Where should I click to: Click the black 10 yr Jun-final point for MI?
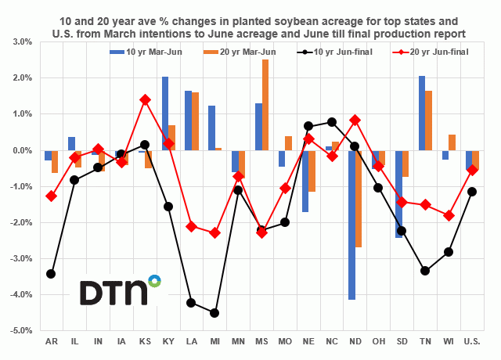click(x=214, y=312)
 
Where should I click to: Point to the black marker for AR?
click(x=51, y=274)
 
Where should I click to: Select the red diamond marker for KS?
click(x=146, y=100)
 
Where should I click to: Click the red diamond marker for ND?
click(x=355, y=120)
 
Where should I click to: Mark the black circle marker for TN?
click(x=425, y=271)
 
